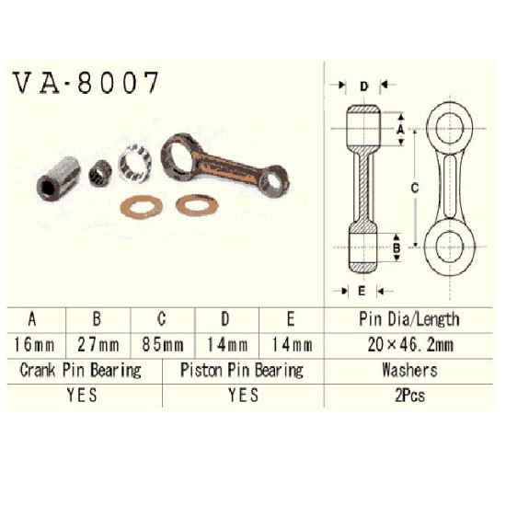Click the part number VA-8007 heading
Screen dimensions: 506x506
pos(86,83)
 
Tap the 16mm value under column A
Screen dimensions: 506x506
pos(33,345)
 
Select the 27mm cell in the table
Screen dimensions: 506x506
pos(98,345)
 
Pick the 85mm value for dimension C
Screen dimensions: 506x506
pos(163,345)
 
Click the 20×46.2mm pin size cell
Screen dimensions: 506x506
pos(410,345)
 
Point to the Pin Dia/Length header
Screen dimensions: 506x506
pos(409,319)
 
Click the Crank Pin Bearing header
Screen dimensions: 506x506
pos(80,370)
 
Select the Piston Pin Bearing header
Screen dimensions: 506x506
pos(242,370)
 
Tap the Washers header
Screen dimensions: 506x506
pos(409,370)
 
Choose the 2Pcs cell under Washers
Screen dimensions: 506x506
pos(409,396)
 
